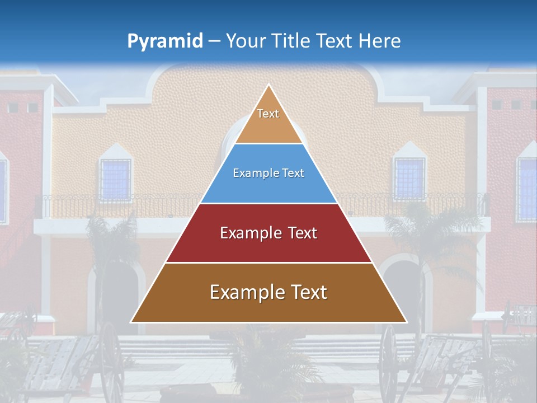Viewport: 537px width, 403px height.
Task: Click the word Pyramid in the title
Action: coord(164,41)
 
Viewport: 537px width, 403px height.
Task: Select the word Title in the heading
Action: coord(291,41)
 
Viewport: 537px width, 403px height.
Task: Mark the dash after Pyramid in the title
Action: coord(214,41)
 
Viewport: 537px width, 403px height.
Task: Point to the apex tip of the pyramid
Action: coord(268,85)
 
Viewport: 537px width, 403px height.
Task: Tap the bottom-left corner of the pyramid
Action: coord(132,322)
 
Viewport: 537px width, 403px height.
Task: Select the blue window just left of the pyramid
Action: coord(116,179)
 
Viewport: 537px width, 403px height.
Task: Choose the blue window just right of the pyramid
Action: coord(409,179)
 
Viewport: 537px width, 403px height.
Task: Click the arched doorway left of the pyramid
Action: coord(117,297)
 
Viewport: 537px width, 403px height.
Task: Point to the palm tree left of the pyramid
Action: coord(109,241)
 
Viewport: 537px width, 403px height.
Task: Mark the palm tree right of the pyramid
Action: coord(425,235)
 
